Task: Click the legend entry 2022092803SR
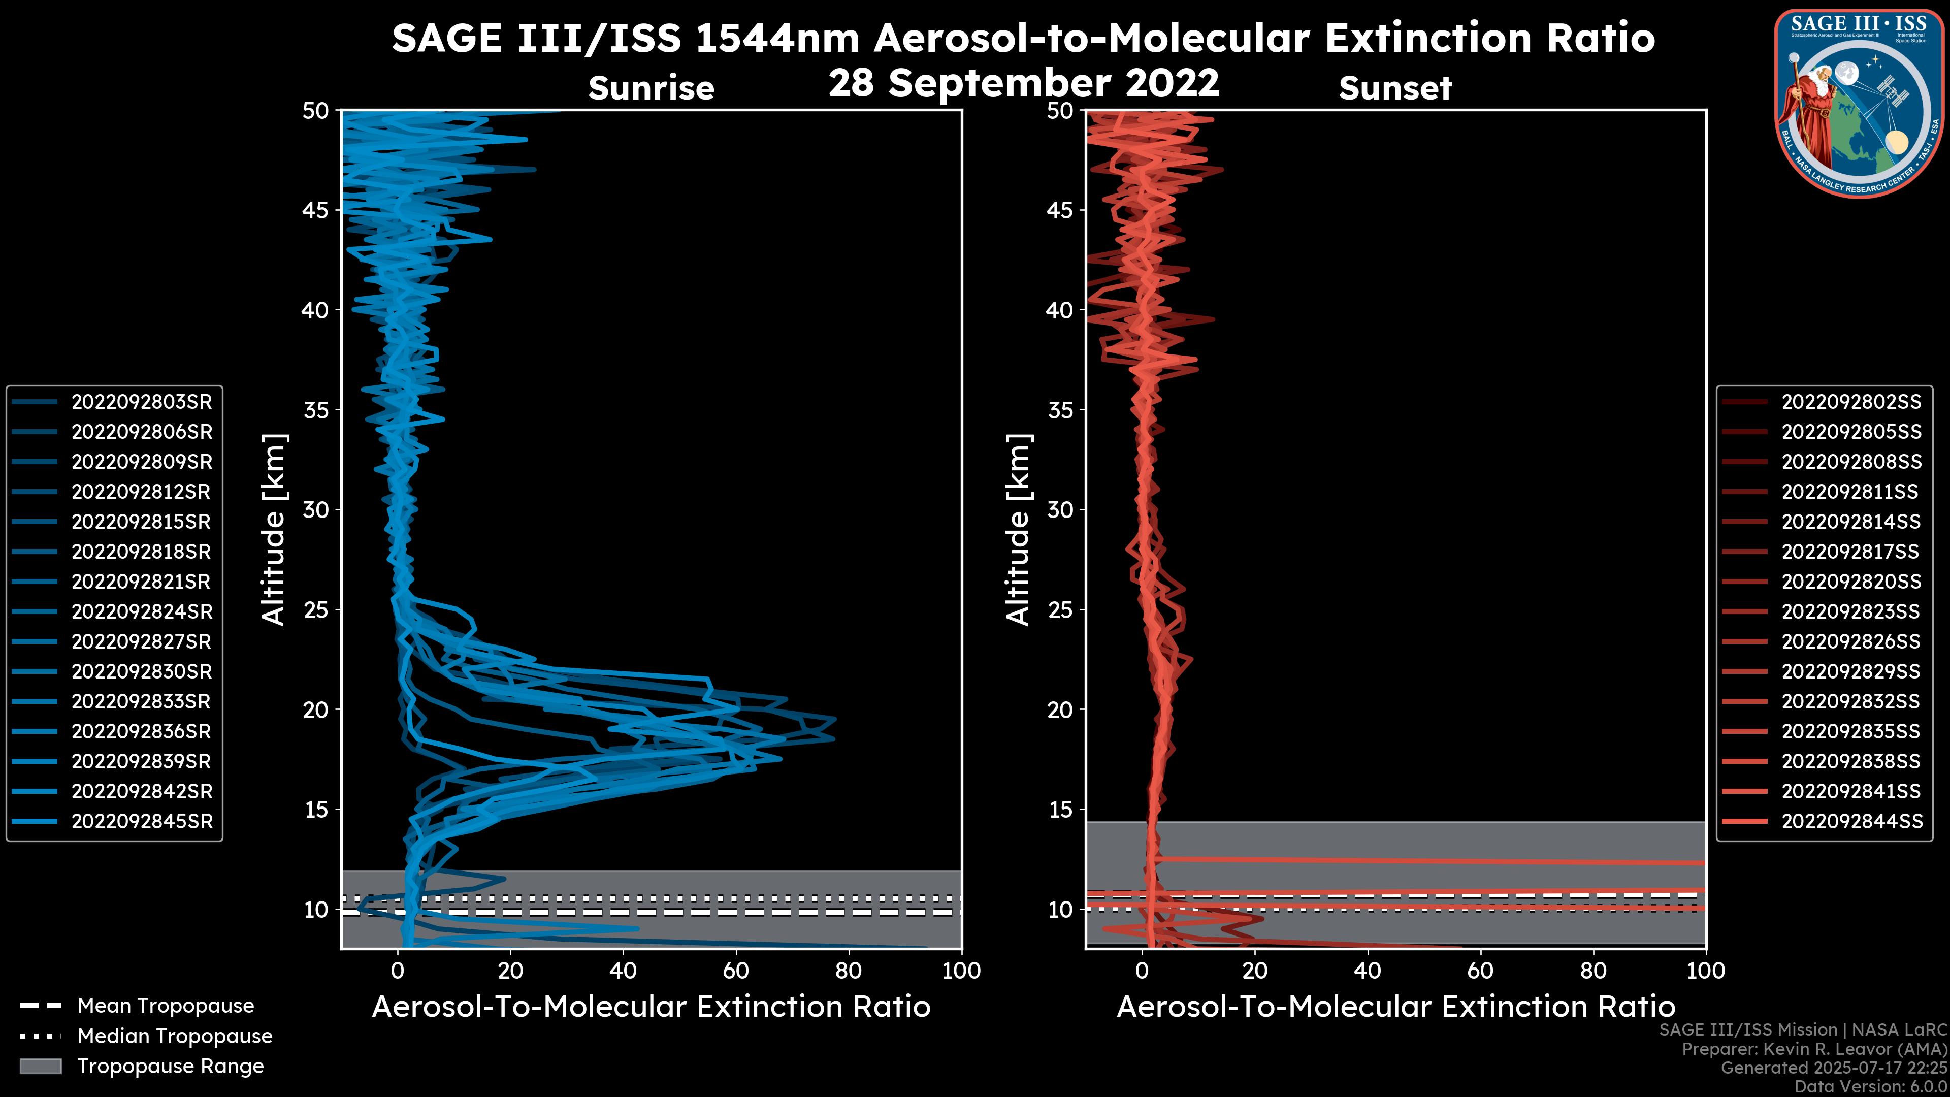[142, 402]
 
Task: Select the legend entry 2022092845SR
[142, 821]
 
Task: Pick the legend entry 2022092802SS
[1851, 402]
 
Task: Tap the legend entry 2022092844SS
[1851, 821]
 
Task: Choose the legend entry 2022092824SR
[142, 611]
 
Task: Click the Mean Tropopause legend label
[166, 1006]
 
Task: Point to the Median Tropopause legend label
[175, 1037]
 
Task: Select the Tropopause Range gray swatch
[41, 1066]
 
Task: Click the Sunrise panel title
[651, 88]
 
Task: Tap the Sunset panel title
[1395, 88]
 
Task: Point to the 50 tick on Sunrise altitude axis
[316, 111]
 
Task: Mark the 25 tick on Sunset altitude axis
[1060, 610]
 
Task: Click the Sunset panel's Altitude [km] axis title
[1019, 530]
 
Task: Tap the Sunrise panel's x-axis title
[651, 1007]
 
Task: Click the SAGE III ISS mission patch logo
[1859, 104]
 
